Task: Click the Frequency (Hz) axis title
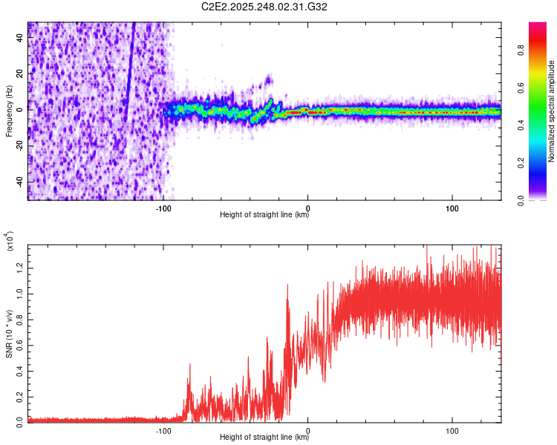[9, 111]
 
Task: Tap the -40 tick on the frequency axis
[20, 182]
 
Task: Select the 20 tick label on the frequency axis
[20, 73]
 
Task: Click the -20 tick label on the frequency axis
[20, 145]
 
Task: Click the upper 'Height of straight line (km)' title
[264, 215]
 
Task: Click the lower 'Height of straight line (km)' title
[264, 437]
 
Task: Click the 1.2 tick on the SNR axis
[20, 267]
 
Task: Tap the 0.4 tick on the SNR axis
[20, 369]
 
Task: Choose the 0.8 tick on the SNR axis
[20, 318]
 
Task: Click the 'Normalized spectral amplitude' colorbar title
[552, 111]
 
